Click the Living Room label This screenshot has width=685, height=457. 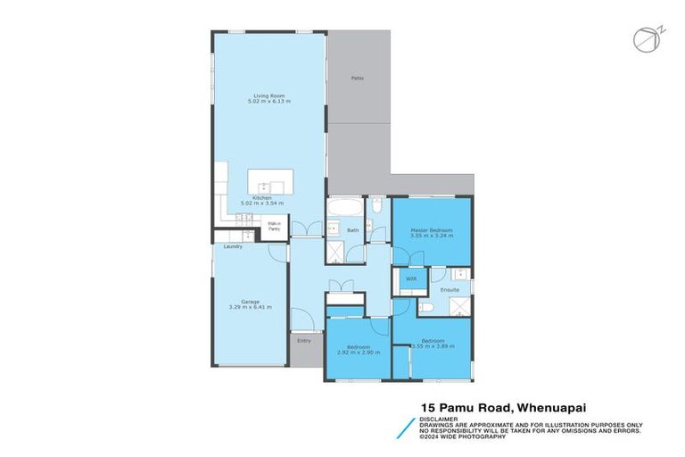click(268, 96)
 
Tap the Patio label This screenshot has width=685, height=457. click(357, 79)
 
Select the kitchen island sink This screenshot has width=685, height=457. click(275, 187)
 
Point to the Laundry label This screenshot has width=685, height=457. click(234, 246)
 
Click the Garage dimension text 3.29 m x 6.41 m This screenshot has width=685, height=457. click(250, 308)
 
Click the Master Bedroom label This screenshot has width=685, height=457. click(432, 230)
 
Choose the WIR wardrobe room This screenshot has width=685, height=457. click(411, 279)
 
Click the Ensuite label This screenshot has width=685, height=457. click(450, 290)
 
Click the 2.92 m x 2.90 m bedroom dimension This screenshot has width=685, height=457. click(359, 352)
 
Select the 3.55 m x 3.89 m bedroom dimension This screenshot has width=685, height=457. click(432, 346)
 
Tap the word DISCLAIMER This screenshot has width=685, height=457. click(440, 419)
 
